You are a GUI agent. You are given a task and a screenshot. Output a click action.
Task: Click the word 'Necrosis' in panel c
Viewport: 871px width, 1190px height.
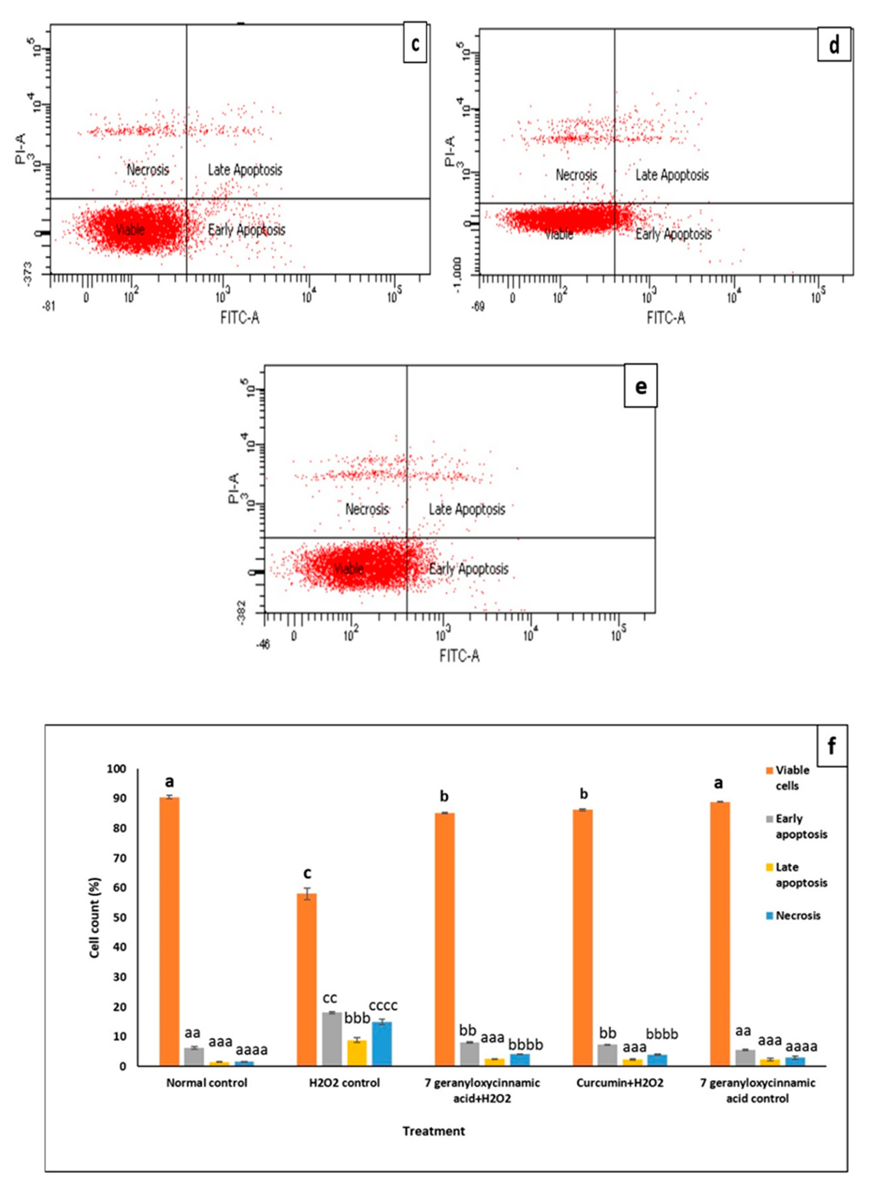pyautogui.click(x=148, y=170)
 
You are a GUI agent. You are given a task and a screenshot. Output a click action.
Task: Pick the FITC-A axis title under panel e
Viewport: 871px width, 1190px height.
pyautogui.click(x=459, y=656)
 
